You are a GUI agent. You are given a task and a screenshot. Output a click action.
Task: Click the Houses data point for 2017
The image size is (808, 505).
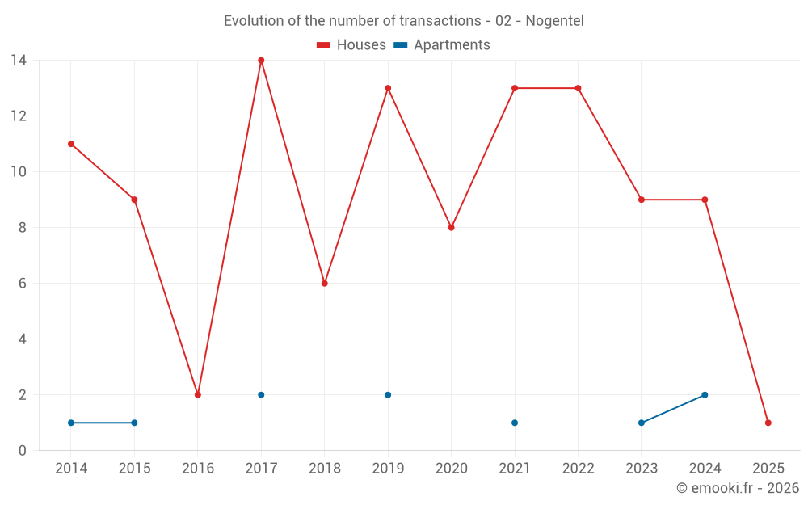[261, 60]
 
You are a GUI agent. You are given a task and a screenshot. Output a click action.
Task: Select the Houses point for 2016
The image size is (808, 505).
[198, 395]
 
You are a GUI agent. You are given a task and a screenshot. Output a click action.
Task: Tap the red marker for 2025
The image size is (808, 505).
[768, 423]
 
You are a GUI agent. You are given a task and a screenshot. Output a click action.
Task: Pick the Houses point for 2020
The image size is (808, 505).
[452, 228]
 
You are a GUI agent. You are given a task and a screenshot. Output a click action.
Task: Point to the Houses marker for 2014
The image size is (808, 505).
[71, 144]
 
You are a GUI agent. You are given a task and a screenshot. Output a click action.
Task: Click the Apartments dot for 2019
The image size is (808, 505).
[388, 395]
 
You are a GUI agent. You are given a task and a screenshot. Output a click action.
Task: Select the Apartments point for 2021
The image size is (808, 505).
[515, 423]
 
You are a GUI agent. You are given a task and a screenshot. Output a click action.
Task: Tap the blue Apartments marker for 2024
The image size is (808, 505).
[705, 395]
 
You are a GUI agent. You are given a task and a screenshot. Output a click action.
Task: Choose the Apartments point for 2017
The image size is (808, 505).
[261, 395]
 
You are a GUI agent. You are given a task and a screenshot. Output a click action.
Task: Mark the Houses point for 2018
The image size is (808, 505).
[325, 284]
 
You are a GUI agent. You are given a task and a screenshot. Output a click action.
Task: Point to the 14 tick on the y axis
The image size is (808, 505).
[19, 60]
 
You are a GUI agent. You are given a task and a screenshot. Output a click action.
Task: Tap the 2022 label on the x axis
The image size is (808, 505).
[578, 469]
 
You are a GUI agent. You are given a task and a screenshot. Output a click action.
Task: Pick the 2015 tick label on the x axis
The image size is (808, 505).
[134, 469]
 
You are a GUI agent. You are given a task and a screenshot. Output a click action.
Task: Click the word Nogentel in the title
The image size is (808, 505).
[554, 21]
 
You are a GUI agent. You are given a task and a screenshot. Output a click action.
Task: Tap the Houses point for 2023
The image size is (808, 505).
[642, 200]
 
